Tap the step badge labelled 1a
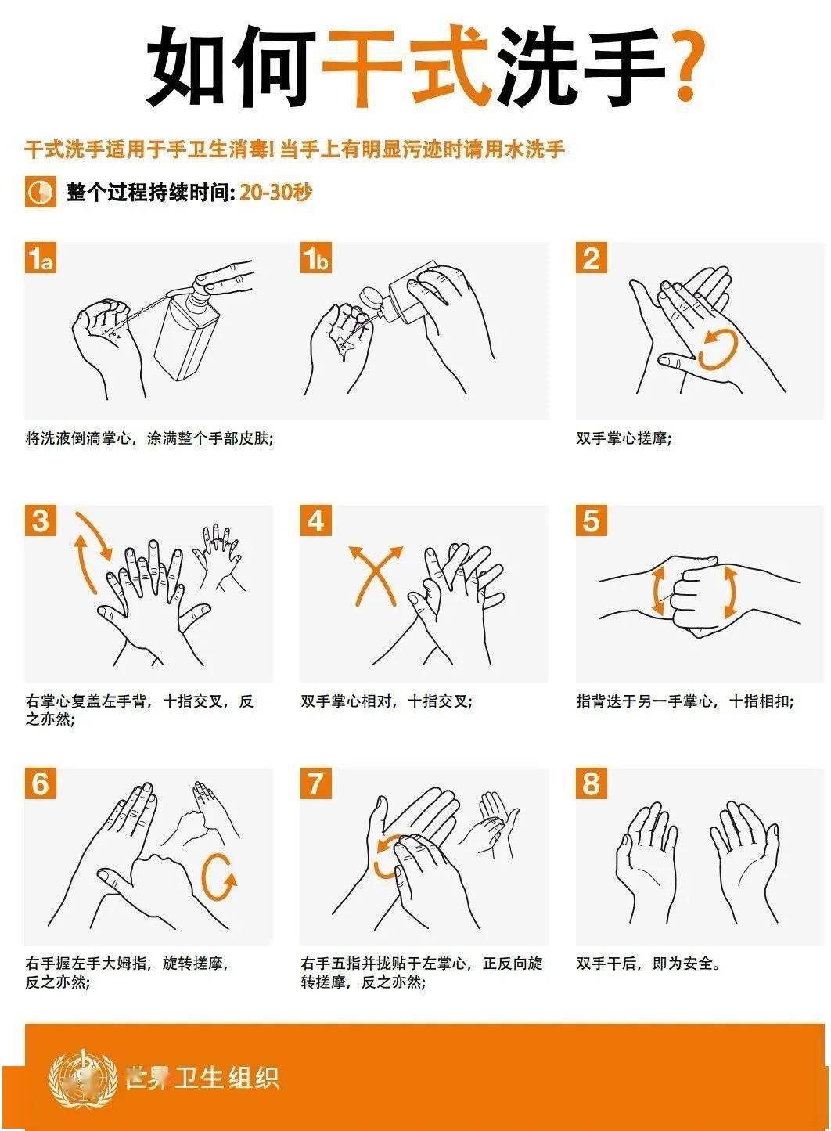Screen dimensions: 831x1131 (41, 258)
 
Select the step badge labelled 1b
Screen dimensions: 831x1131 (316, 258)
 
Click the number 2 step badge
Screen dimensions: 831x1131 (592, 258)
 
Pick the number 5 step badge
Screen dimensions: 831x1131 (592, 520)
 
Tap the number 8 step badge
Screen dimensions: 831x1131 (592, 783)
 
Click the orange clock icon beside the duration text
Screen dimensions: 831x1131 (41, 192)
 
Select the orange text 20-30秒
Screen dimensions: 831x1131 (275, 192)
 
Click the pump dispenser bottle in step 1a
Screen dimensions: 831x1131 (185, 328)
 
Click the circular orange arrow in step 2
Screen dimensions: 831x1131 (718, 349)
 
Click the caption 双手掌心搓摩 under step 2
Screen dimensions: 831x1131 (624, 438)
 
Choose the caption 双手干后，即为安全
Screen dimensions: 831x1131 (649, 964)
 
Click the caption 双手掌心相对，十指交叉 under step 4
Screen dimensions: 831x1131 (387, 701)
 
